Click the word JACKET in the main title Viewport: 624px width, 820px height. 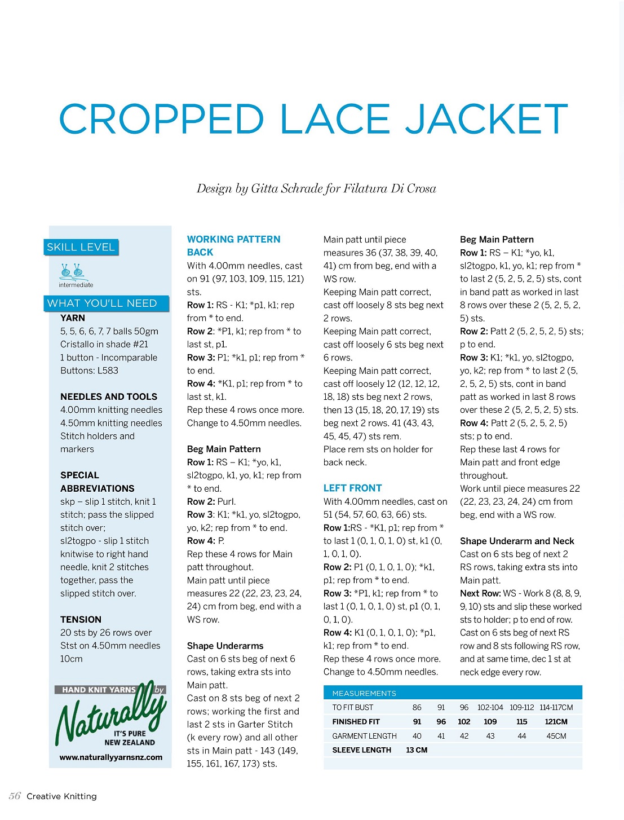point(487,119)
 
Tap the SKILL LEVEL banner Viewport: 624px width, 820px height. point(81,247)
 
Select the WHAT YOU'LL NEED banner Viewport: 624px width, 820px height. point(102,303)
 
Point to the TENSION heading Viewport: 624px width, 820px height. point(81,619)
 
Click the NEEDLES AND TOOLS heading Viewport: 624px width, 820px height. point(109,396)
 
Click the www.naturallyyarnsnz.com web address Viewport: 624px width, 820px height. point(111,757)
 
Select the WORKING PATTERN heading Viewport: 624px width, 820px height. point(233,239)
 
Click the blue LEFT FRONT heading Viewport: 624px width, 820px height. point(352,488)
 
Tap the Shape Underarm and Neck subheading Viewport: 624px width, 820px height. point(517,541)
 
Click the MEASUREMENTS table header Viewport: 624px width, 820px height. point(364,693)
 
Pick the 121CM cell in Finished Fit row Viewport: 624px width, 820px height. point(556,721)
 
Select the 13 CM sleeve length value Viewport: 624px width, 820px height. point(417,750)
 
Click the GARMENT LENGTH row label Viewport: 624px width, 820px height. point(364,736)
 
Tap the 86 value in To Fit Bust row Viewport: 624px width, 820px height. point(417,707)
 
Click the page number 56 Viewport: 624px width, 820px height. point(15,796)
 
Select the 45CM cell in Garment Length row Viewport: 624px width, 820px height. point(556,736)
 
